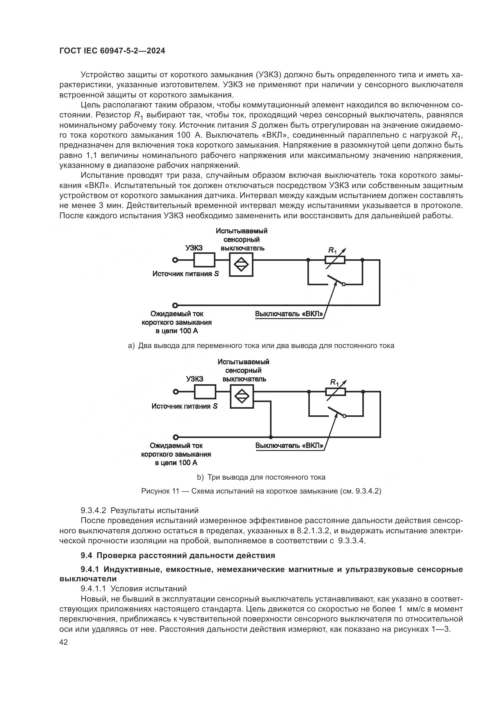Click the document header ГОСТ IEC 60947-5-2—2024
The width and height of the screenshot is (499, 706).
112,51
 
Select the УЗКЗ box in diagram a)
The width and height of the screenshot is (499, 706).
204,260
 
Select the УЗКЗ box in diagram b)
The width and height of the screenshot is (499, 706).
205,392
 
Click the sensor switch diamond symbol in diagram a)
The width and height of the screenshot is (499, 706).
241,264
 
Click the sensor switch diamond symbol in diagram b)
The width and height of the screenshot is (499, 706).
242,396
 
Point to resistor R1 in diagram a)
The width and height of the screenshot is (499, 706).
335,260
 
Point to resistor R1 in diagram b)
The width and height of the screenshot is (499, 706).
335,392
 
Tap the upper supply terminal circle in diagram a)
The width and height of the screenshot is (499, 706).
175,260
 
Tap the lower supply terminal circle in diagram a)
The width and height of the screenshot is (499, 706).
175,305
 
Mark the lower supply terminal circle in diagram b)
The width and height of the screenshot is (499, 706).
176,437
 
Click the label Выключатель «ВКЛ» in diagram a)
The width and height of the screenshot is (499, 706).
289,314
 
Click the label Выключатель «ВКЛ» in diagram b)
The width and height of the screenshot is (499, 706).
289,446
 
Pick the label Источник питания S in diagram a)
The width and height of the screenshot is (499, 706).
186,274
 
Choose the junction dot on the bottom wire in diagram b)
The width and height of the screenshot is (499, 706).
271,437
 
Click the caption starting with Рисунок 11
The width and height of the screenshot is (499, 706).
261,491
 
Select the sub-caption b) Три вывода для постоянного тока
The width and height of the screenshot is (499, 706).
261,477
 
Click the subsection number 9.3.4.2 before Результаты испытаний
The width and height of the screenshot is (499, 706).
94,511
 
